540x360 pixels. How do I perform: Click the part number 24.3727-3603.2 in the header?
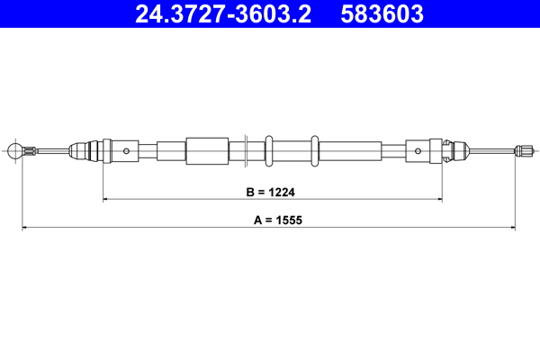(223, 14)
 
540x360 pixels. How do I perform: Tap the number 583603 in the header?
(382, 14)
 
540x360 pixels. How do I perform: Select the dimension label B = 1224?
(272, 193)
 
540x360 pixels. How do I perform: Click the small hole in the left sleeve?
(128, 150)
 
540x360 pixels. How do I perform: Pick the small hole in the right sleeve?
(420, 150)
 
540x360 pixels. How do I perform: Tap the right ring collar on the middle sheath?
(314, 150)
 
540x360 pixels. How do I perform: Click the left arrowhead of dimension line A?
(25, 228)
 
